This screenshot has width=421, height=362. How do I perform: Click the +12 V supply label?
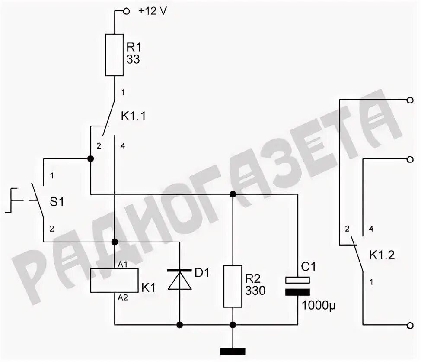point(152,12)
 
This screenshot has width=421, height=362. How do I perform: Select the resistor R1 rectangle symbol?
point(115,55)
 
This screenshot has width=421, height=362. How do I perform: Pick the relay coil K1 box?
point(114,280)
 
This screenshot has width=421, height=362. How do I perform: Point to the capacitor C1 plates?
point(298,286)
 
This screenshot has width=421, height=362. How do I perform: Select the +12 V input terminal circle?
point(127,12)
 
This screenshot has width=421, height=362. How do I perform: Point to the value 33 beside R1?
point(133,60)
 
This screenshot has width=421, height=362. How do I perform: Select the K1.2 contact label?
point(382,255)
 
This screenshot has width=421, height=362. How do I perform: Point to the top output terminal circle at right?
point(410,100)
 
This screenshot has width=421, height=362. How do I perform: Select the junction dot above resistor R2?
point(233,194)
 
